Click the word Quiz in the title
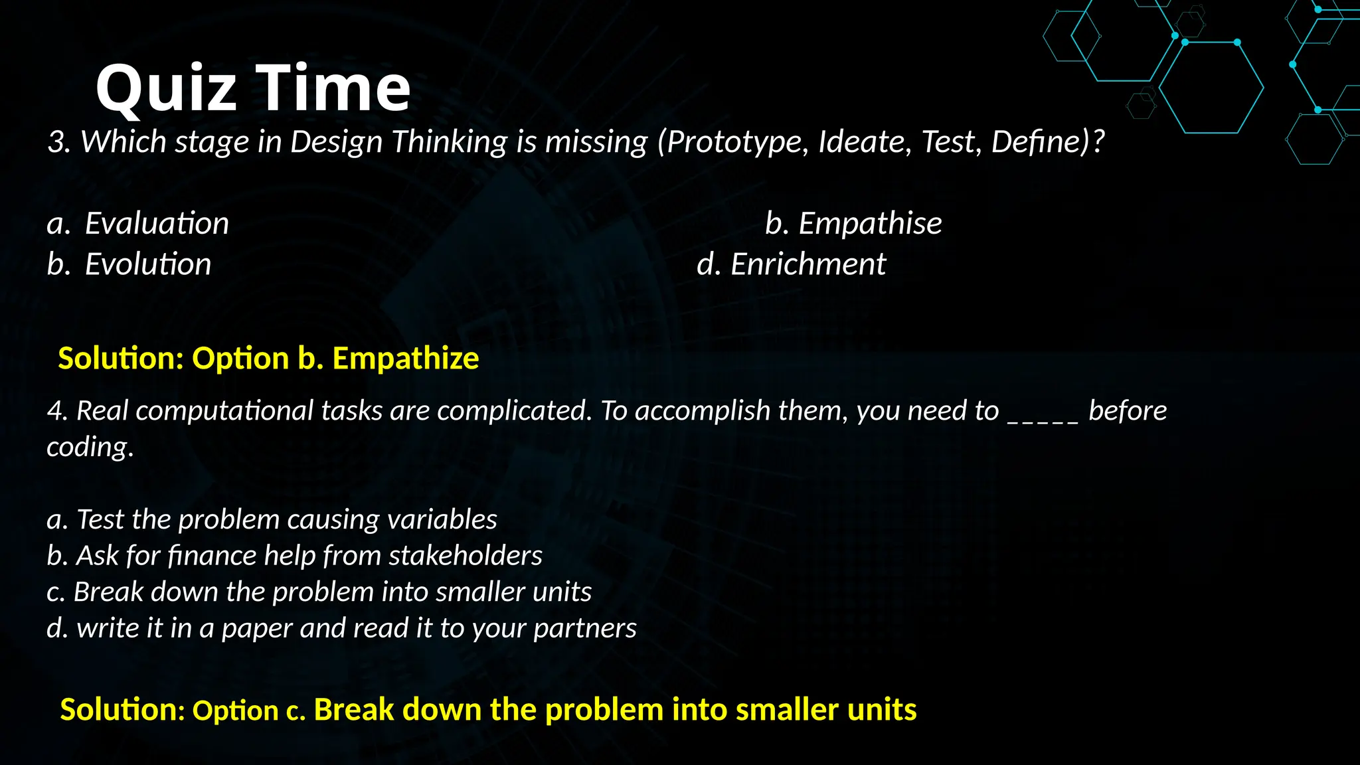pos(166,88)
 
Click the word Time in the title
pos(333,88)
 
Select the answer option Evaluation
pos(157,224)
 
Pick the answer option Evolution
pos(148,265)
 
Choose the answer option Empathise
pos(869,224)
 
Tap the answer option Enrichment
pos(807,265)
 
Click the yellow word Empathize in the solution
pos(405,359)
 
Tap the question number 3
pos(57,142)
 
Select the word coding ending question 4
pos(88,448)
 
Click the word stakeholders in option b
pos(465,556)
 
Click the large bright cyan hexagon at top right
pos(1211,88)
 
